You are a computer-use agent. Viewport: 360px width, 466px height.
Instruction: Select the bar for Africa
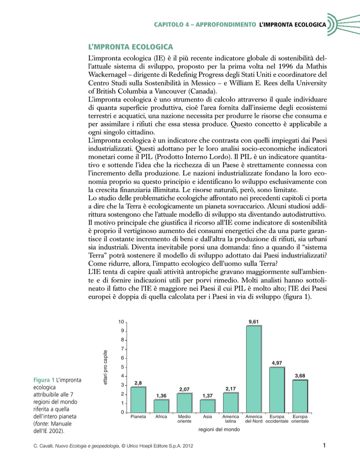click(161, 406)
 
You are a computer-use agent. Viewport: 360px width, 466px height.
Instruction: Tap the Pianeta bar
click(138, 399)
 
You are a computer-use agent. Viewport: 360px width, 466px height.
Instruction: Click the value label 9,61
click(254, 321)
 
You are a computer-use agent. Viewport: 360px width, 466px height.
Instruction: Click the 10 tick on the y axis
click(120, 322)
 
